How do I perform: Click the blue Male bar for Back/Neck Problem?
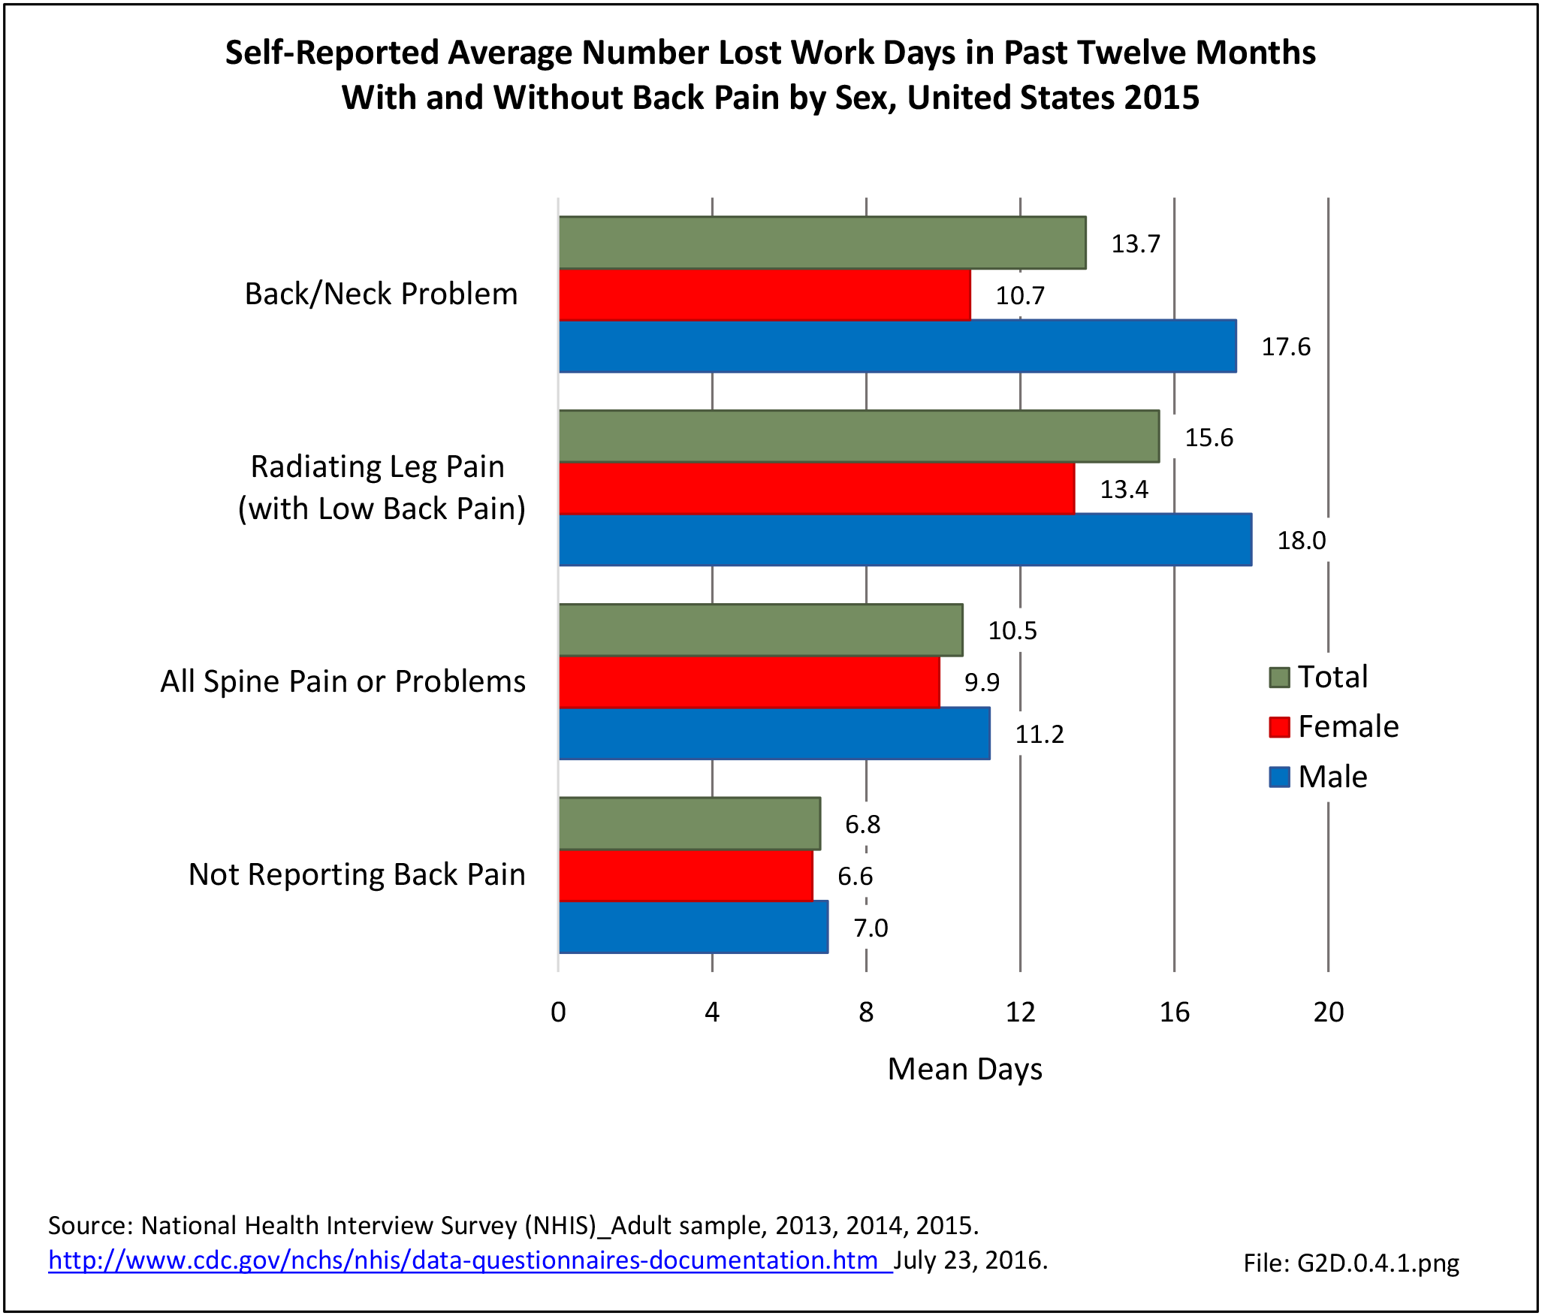click(898, 346)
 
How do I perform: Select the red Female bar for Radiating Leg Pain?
click(816, 488)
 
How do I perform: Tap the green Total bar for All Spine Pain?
click(760, 630)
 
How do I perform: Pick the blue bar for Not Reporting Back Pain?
click(693, 927)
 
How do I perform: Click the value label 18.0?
click(1302, 541)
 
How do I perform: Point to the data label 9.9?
click(982, 682)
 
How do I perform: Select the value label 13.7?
click(1136, 244)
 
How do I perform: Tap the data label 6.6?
click(855, 876)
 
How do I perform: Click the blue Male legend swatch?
click(1279, 777)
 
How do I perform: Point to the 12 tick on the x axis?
click(1020, 1013)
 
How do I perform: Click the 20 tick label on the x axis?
click(1328, 1013)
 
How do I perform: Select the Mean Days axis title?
click(964, 1069)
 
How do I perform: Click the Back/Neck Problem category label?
click(381, 294)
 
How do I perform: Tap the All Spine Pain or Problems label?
click(342, 681)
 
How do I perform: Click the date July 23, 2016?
click(970, 1260)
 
